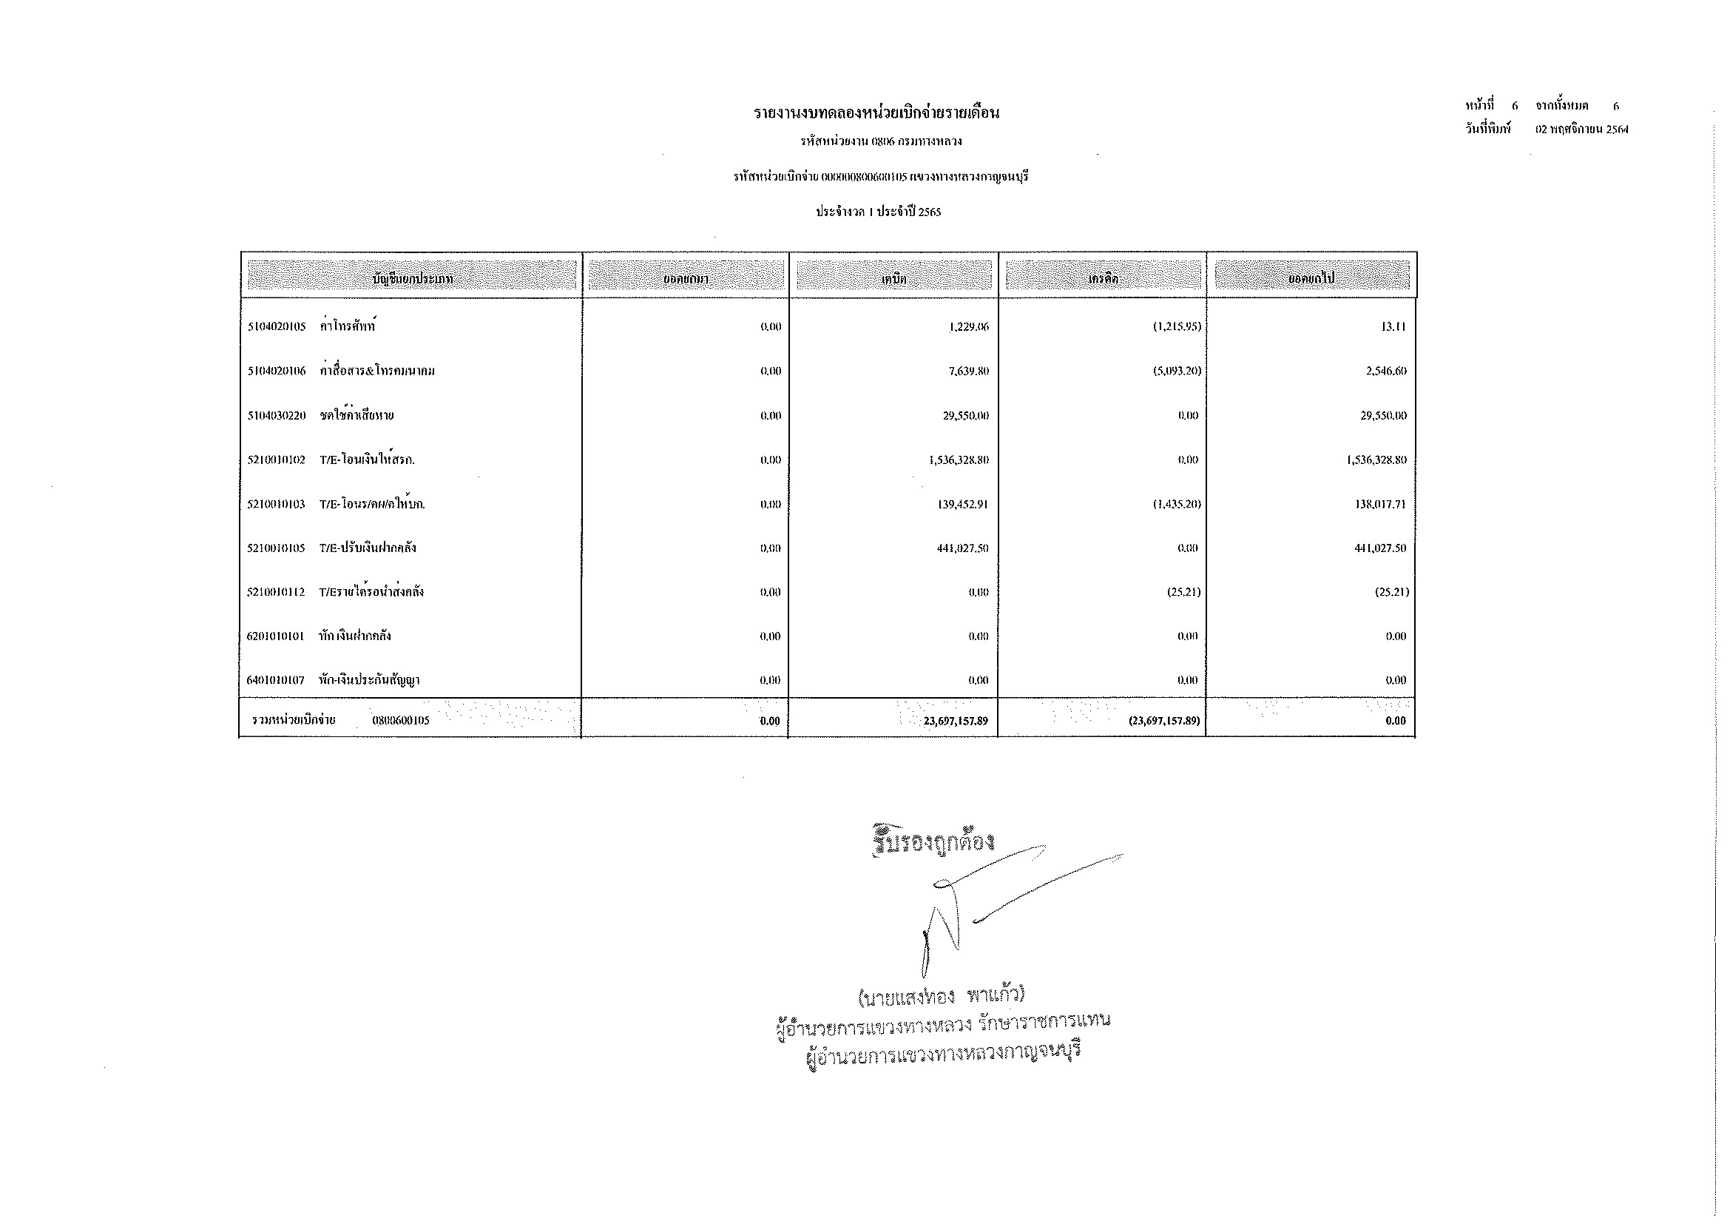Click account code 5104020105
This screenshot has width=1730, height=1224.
pyautogui.click(x=277, y=327)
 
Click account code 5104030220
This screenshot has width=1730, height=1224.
pyautogui.click(x=277, y=416)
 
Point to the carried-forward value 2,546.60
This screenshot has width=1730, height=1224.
pyautogui.click(x=1385, y=371)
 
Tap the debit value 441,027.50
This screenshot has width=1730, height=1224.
pyautogui.click(x=962, y=548)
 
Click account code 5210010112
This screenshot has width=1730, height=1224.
pyautogui.click(x=276, y=593)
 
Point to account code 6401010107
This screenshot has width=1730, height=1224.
pyautogui.click(x=275, y=681)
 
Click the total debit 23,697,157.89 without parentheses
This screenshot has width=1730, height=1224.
pyautogui.click(x=955, y=722)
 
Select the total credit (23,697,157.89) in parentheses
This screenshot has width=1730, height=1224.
pyautogui.click(x=1163, y=722)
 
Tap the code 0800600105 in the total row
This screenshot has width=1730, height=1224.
pyautogui.click(x=400, y=721)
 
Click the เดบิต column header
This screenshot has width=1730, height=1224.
pyautogui.click(x=893, y=279)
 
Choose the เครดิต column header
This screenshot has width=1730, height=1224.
pyautogui.click(x=1102, y=279)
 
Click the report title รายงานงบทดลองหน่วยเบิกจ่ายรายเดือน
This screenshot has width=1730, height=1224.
pyautogui.click(x=876, y=114)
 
